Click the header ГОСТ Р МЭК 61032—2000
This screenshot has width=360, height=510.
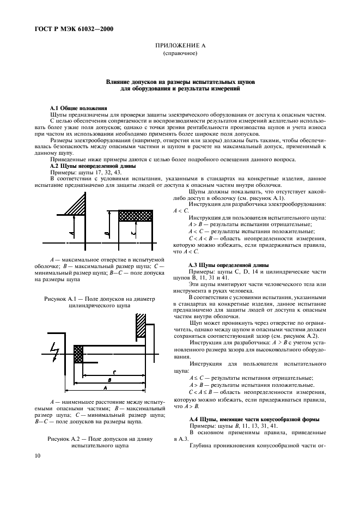click(x=68, y=29)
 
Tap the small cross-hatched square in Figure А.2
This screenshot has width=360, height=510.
click(x=78, y=354)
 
